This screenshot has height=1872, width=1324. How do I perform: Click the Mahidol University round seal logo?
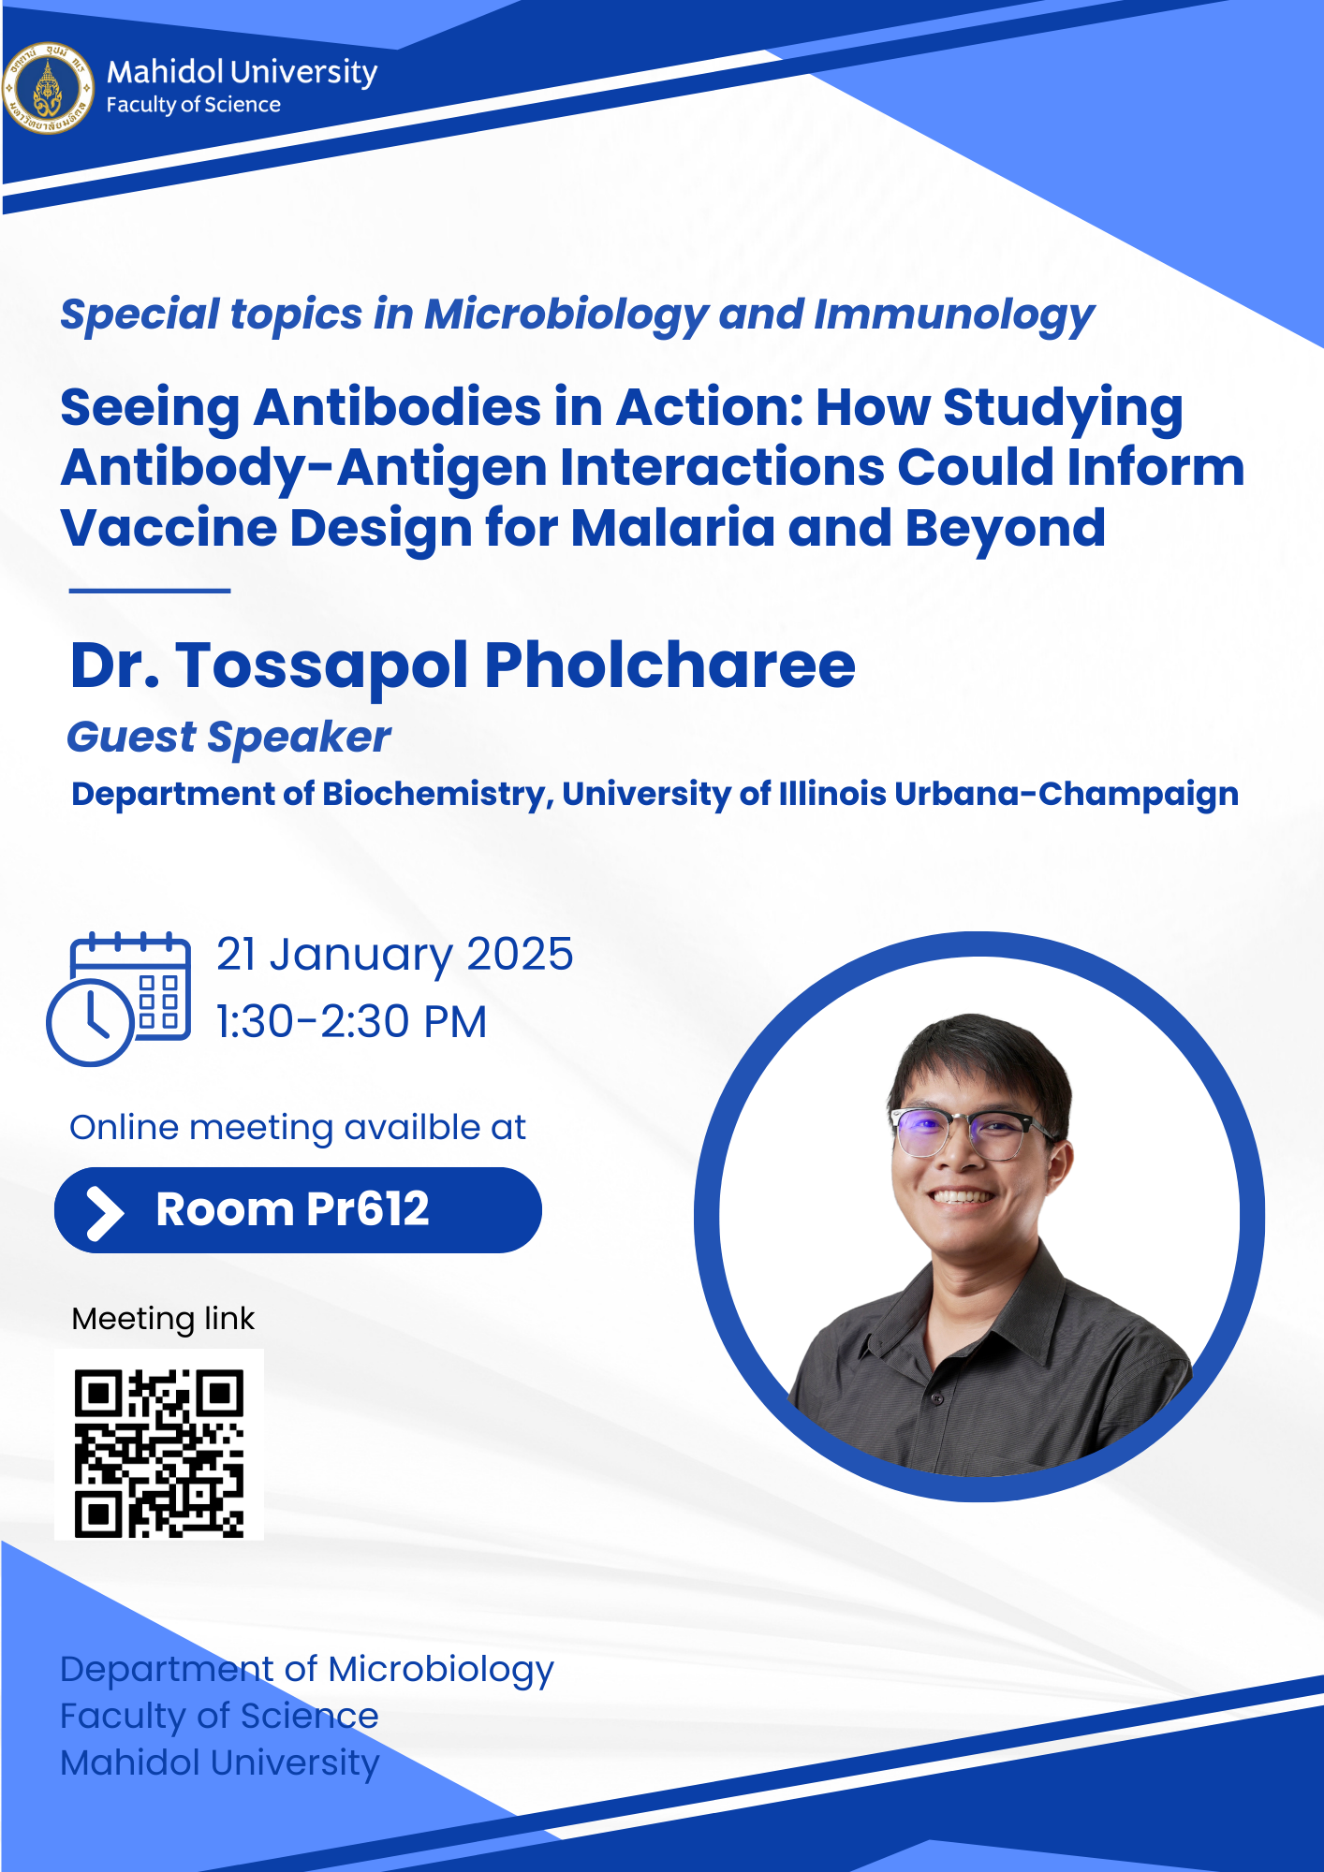(x=48, y=88)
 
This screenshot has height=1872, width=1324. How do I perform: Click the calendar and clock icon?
(x=119, y=999)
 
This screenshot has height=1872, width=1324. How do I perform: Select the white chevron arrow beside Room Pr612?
(x=105, y=1213)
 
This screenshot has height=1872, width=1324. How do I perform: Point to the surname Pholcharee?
(x=670, y=666)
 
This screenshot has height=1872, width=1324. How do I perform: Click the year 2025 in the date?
(x=520, y=955)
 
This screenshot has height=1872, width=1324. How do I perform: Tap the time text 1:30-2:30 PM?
(x=351, y=1021)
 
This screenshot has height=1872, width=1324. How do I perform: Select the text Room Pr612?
(x=292, y=1209)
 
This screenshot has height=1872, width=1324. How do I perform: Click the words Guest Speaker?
(x=228, y=739)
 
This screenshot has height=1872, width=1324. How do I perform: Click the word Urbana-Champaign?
(x=1067, y=794)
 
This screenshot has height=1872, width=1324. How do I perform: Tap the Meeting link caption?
(x=163, y=1319)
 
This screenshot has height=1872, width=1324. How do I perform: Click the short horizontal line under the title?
(x=150, y=591)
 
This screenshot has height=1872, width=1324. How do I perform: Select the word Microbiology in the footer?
(x=441, y=1671)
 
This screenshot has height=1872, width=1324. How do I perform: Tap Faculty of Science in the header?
(x=194, y=106)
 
